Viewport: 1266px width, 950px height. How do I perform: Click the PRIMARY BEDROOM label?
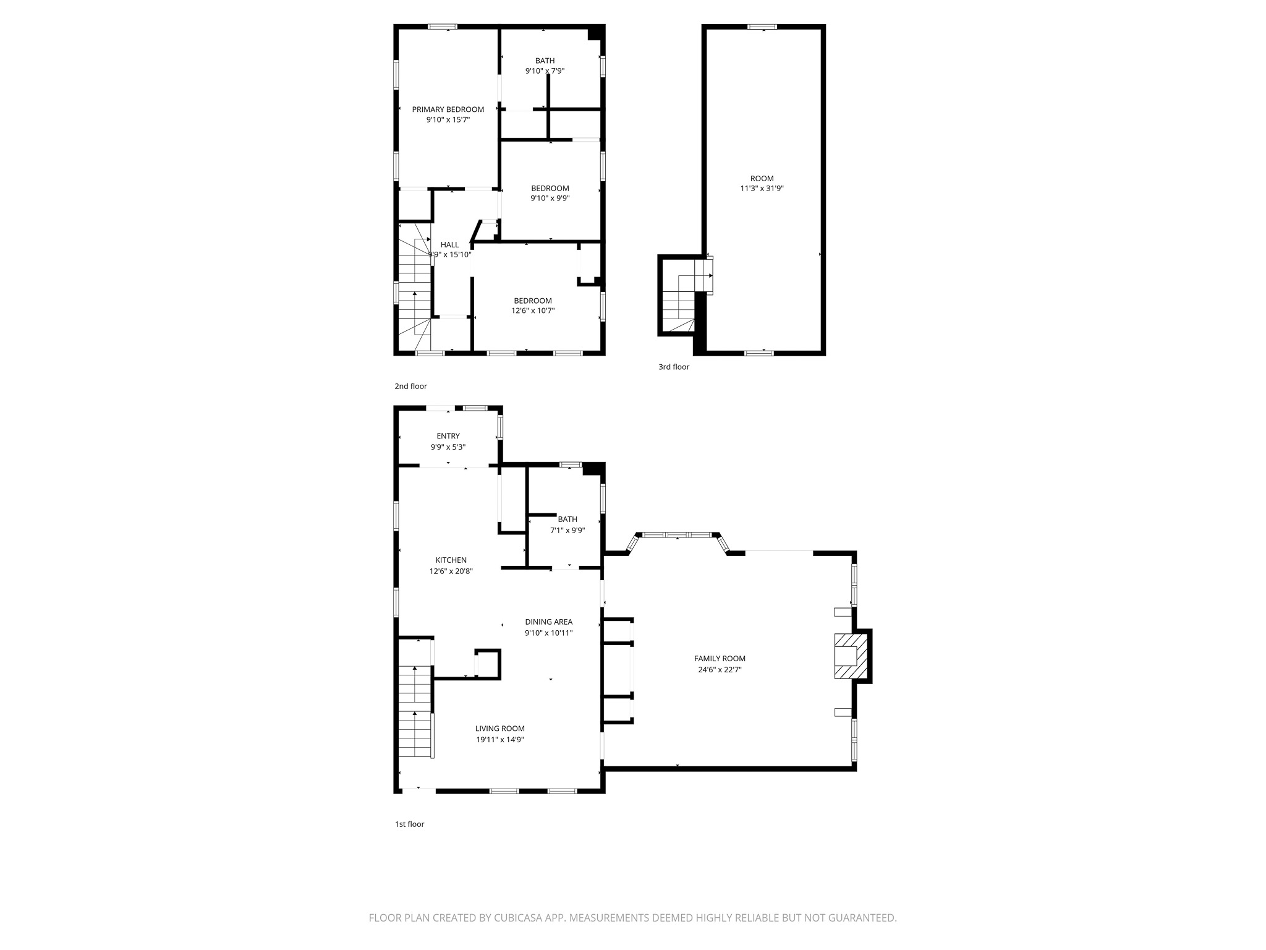(x=448, y=109)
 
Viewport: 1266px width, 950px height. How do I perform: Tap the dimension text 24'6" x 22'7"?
(x=720, y=669)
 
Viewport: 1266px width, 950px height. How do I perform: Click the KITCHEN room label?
(x=451, y=560)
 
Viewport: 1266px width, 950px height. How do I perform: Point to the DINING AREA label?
(x=548, y=622)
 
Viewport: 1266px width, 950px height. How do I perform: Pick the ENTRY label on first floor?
(x=448, y=436)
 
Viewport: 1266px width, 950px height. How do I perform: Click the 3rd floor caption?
(x=673, y=367)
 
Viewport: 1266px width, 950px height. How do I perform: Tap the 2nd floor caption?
(x=410, y=386)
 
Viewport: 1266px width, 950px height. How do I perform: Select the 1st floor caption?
(x=409, y=824)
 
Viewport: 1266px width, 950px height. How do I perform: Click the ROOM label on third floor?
(x=762, y=178)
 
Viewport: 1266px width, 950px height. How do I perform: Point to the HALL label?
(x=449, y=244)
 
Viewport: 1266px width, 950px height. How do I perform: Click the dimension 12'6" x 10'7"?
(x=532, y=310)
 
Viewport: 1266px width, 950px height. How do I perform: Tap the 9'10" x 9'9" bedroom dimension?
(x=550, y=199)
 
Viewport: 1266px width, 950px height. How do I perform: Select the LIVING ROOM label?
(x=499, y=729)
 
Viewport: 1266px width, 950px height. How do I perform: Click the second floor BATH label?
(x=545, y=61)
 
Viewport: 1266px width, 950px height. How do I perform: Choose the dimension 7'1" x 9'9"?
(x=567, y=530)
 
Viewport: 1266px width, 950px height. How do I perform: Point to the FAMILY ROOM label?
(x=720, y=659)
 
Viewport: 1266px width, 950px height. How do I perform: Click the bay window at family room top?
(x=678, y=535)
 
